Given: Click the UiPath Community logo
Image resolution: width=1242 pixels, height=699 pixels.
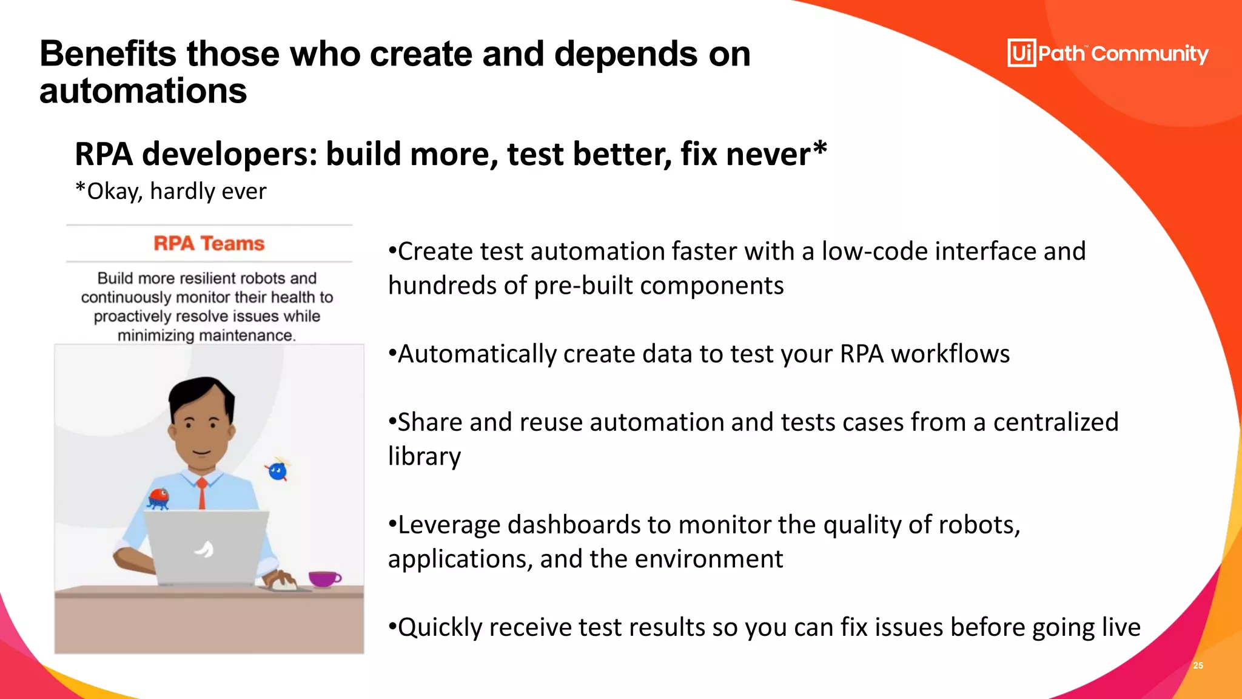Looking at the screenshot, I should click(x=1107, y=53).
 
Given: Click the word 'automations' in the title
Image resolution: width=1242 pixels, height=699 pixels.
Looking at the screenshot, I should click(x=143, y=91).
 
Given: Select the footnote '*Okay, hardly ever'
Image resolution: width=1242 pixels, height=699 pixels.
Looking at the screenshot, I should click(x=170, y=191).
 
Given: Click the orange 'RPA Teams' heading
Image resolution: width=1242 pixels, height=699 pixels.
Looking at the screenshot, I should click(x=209, y=243).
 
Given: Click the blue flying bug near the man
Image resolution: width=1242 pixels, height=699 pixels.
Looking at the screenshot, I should click(x=278, y=471).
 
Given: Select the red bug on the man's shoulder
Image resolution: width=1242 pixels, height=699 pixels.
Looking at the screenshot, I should click(x=159, y=497).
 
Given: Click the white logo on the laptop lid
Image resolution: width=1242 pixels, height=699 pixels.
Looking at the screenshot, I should click(x=204, y=549).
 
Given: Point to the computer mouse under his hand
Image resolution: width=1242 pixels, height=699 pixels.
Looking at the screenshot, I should click(x=284, y=586).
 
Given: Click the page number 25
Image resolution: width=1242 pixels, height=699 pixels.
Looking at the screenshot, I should click(x=1198, y=666).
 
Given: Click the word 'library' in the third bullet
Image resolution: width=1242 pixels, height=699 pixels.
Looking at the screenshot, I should click(x=425, y=456).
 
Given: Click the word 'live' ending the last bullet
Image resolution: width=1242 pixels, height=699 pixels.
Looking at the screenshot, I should click(x=1121, y=627).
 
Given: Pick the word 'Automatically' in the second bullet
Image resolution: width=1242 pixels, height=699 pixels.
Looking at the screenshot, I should click(x=477, y=354).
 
